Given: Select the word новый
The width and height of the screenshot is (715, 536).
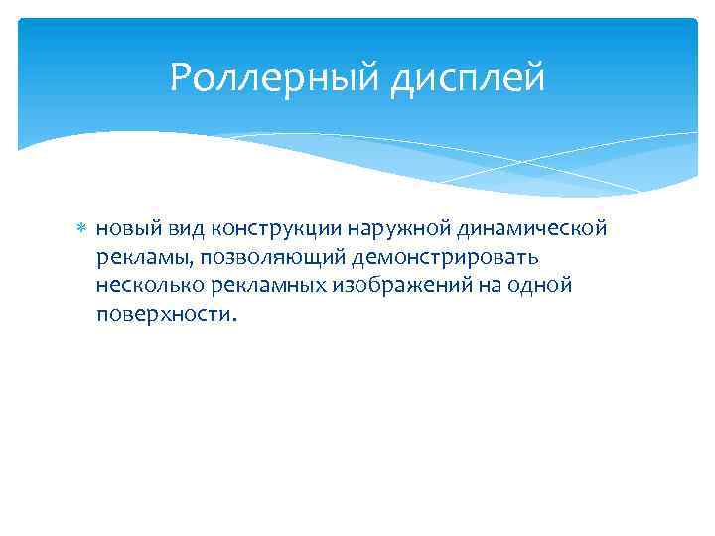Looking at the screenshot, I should pyautogui.click(x=125, y=230).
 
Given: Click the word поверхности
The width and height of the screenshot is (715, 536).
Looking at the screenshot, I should pyautogui.click(x=164, y=314).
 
